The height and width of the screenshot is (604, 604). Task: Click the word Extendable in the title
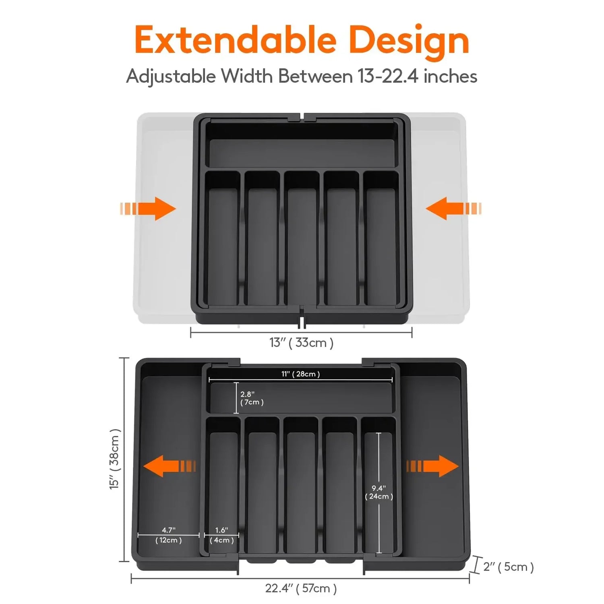(235, 40)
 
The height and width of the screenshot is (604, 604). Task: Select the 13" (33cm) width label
(301, 343)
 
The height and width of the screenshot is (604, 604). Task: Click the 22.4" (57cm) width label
(301, 588)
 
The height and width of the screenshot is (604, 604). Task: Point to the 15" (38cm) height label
(115, 459)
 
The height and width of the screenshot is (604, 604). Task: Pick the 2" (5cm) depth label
(508, 567)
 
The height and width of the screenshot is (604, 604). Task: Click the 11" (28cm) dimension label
(300, 374)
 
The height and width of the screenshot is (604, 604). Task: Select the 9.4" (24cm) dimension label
(379, 492)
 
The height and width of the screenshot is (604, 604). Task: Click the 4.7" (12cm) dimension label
(168, 535)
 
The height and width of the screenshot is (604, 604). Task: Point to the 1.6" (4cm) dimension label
(221, 535)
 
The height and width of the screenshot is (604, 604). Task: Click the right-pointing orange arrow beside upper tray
(149, 209)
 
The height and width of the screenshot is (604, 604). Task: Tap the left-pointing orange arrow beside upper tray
(453, 209)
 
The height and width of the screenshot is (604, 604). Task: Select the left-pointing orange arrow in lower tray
(169, 466)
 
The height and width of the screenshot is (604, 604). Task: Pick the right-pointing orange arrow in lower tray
(432, 466)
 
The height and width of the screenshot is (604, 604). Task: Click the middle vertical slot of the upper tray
(302, 242)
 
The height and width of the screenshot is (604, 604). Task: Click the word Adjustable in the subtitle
(171, 76)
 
